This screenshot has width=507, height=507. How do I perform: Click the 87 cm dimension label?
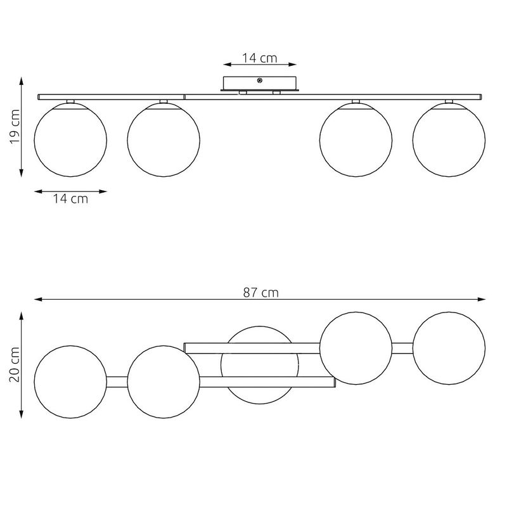[x=260, y=292]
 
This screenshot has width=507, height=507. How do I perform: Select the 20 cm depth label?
[x=15, y=364]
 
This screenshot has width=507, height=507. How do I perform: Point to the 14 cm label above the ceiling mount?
[x=260, y=58]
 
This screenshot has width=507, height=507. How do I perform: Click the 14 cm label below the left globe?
[x=70, y=198]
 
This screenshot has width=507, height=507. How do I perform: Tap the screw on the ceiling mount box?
[x=260, y=80]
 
